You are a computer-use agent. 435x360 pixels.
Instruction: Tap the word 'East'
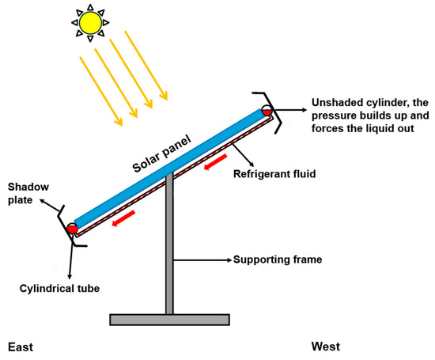tap(21, 347)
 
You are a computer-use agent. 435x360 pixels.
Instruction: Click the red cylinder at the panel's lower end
tap(73, 229)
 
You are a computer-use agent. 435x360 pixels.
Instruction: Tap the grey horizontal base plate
tap(170, 319)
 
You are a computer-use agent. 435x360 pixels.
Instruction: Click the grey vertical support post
tap(169, 253)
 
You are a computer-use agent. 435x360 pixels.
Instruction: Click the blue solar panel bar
tap(170, 167)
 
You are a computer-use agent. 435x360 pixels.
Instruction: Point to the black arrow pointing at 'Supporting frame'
tap(202, 259)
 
